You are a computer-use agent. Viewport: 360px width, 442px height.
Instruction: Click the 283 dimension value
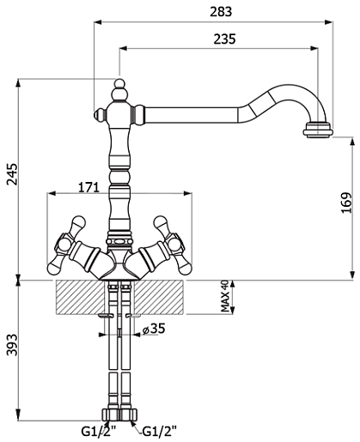221,12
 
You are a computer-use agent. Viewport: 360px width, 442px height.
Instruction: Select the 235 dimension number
224,39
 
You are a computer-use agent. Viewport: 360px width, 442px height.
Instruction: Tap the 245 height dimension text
12,174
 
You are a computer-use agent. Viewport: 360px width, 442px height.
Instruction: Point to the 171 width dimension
88,187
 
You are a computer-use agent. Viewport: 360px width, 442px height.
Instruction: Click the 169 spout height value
346,203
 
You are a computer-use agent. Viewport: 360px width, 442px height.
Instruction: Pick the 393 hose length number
12,344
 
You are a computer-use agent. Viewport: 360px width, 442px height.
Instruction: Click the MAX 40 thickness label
225,296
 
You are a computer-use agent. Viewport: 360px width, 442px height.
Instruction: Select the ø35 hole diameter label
154,329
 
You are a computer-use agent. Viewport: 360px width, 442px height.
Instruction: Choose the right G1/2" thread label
159,432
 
